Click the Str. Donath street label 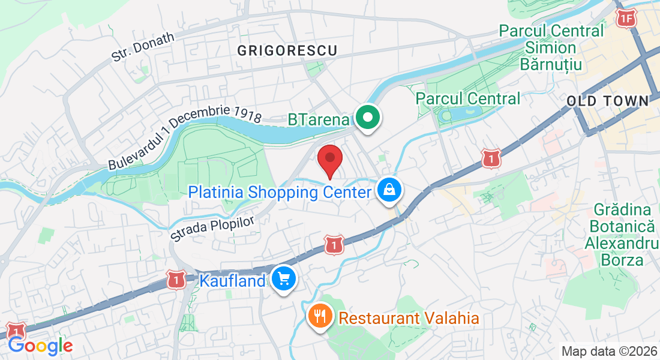pyautogui.click(x=142, y=47)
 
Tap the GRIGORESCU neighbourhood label pyautogui.click(x=287, y=50)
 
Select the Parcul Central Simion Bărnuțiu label pyautogui.click(x=551, y=47)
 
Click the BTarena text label pyautogui.click(x=318, y=119)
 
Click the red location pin pyautogui.click(x=329, y=160)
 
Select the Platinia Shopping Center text pyautogui.click(x=280, y=193)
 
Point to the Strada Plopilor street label pyautogui.click(x=212, y=229)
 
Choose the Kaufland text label pyautogui.click(x=232, y=280)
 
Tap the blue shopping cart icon pyautogui.click(x=284, y=279)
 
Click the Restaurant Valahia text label pyautogui.click(x=409, y=318)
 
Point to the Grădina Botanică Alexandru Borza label pyautogui.click(x=622, y=235)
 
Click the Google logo pyautogui.click(x=40, y=346)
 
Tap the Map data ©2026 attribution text pyautogui.click(x=608, y=351)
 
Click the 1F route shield pyautogui.click(x=626, y=19)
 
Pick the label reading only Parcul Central pyautogui.click(x=468, y=98)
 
